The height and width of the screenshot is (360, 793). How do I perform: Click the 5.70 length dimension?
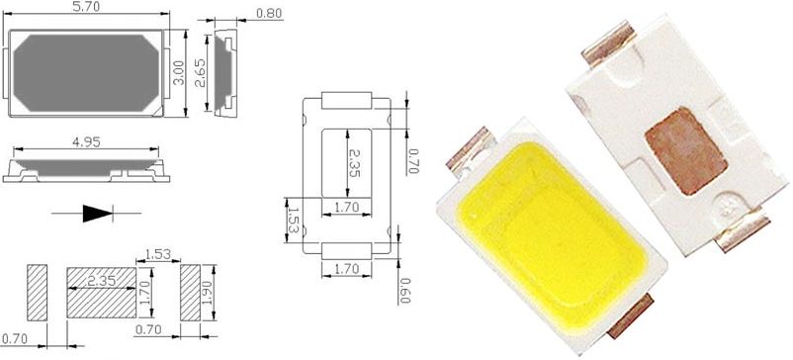tap(86, 7)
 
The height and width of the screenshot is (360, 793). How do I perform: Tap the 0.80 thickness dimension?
tap(269, 14)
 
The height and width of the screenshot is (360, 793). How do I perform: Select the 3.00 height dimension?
tap(179, 73)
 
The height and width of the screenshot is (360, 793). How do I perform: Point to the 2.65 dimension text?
tap(201, 73)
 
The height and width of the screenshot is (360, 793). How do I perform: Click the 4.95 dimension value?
tap(86, 142)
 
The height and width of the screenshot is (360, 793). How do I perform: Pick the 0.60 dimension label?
tap(403, 290)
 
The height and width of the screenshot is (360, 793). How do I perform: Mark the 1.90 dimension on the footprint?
tap(208, 292)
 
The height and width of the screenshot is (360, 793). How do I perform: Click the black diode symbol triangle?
tap(97, 214)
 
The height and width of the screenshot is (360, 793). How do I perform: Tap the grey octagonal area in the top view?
tap(86, 73)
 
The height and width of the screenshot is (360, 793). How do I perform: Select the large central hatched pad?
tap(101, 292)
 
